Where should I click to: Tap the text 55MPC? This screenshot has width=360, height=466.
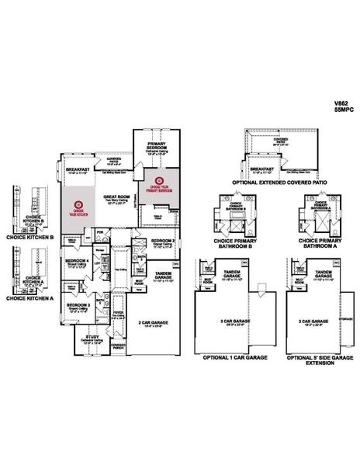click(342, 110)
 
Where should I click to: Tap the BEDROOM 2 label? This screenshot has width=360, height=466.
click(163, 241)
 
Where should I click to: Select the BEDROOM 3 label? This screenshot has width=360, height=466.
click(78, 305)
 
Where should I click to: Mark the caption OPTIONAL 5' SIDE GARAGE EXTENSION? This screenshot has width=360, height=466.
click(313, 360)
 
